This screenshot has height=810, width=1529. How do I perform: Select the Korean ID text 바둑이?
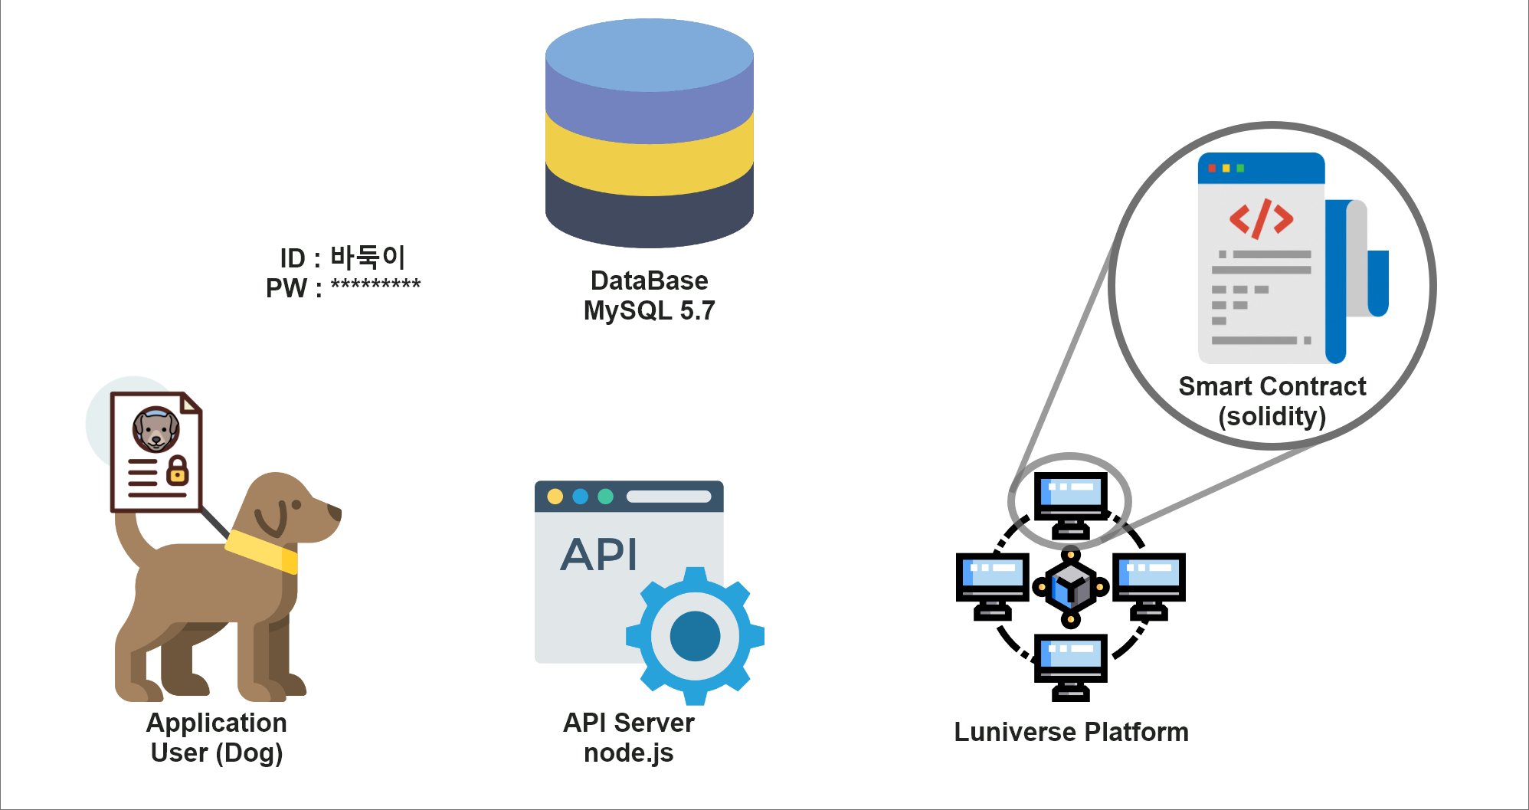pos(367,257)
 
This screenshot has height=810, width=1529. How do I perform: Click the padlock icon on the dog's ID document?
pos(178,471)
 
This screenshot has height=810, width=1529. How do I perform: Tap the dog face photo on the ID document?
pos(156,429)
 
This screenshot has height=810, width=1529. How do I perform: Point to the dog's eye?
pos(296,505)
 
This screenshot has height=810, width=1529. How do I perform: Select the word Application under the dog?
pos(217,723)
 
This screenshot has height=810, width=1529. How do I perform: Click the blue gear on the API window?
pos(694,636)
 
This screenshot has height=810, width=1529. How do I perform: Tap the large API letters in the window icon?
pos(599,554)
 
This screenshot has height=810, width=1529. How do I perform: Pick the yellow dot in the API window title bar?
pos(555,497)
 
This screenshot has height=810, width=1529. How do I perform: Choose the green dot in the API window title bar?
pos(605,497)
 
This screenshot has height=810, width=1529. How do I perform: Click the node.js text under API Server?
pos(628,753)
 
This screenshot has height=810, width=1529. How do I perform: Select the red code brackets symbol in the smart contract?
pos(1262,218)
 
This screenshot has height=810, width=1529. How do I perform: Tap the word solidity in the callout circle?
pos(1272,416)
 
